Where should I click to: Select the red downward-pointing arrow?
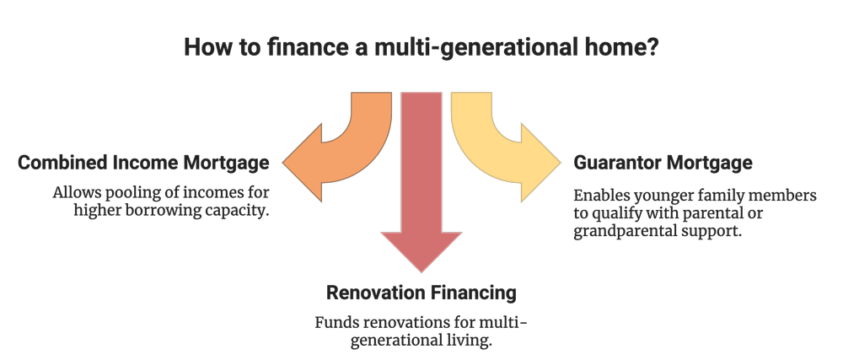[421, 185]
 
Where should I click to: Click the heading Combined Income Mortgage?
[144, 162]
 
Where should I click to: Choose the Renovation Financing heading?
[421, 293]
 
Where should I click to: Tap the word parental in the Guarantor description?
[739, 212]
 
